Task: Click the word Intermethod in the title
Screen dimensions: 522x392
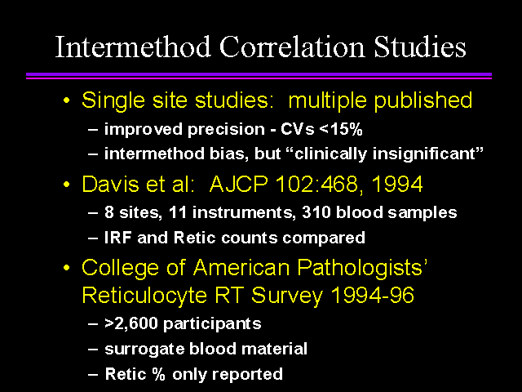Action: pyautogui.click(x=133, y=47)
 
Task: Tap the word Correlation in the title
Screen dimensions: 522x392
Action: pyautogui.click(x=292, y=47)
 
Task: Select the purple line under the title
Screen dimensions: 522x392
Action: pyautogui.click(x=259, y=76)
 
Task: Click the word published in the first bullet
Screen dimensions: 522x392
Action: pyautogui.click(x=422, y=100)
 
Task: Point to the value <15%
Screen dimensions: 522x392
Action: pyautogui.click(x=340, y=129)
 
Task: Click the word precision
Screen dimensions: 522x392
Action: pyautogui.click(x=226, y=130)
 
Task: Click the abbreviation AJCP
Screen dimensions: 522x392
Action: pyautogui.click(x=238, y=184)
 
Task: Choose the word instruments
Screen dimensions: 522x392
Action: pyautogui.click(x=244, y=213)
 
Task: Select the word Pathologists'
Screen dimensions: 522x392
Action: pyautogui.click(x=362, y=268)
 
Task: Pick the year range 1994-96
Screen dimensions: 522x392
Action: pyautogui.click(x=373, y=295)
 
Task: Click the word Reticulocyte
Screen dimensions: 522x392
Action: pyautogui.click(x=144, y=296)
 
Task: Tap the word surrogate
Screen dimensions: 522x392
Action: pyautogui.click(x=144, y=350)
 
